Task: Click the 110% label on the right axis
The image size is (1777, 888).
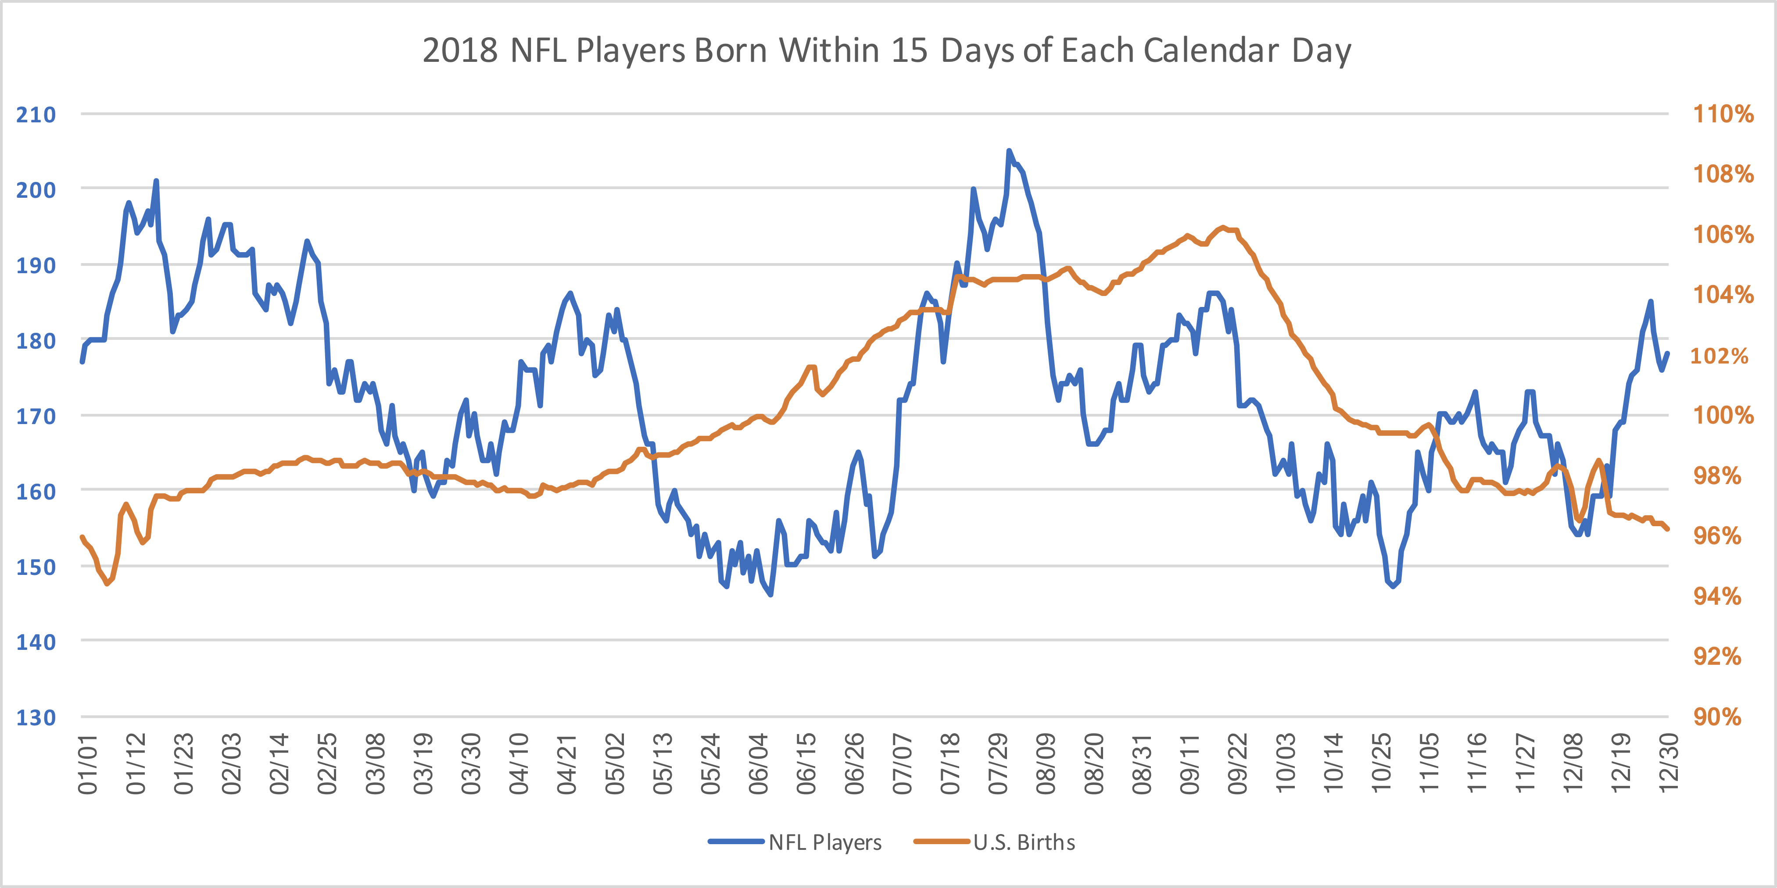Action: click(x=1723, y=114)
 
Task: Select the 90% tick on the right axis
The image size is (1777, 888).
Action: click(x=1717, y=717)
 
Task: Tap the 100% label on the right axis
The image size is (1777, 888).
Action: click(x=1723, y=415)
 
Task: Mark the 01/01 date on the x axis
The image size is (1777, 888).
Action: click(x=88, y=764)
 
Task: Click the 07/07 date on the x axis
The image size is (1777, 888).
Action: click(x=902, y=764)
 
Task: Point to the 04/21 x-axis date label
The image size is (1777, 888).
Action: click(x=567, y=764)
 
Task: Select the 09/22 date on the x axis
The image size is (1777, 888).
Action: click(x=1238, y=764)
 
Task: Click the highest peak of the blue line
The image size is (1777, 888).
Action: click(x=1009, y=150)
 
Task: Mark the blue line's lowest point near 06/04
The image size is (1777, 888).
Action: click(x=770, y=594)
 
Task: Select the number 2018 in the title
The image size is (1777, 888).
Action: click(x=459, y=50)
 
